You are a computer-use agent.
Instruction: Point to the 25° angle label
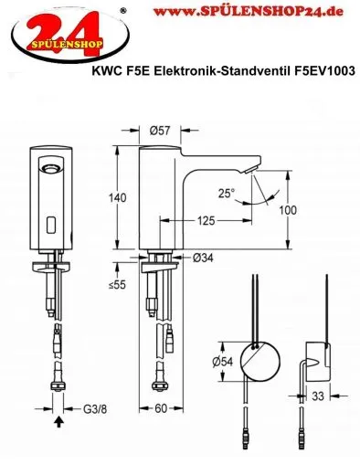[x=225, y=194]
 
